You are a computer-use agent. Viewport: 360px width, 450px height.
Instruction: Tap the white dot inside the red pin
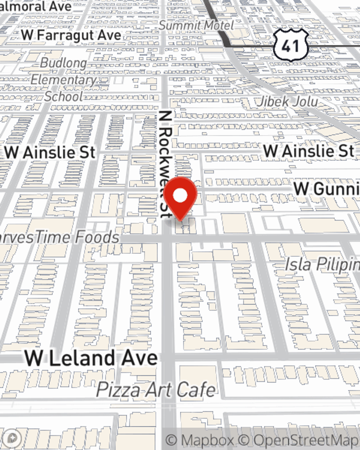pos(180,196)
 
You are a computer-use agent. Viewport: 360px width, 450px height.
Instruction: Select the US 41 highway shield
pos(291,45)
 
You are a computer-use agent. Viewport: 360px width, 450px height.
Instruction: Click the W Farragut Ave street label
pos(71,35)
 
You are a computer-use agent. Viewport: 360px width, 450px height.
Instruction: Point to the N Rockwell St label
pos(165,164)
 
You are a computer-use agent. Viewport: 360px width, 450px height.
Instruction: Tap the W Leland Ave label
pos(91,358)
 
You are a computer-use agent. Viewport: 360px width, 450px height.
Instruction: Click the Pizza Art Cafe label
pos(156,390)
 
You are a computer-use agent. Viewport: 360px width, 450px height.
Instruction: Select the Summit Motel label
pos(196,25)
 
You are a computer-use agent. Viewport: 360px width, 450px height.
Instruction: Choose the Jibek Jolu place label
pos(287,102)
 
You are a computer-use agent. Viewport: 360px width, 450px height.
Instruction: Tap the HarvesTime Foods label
pos(59,237)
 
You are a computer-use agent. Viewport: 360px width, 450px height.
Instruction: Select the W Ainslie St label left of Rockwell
pos(50,153)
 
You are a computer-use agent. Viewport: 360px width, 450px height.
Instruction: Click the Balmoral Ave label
pos(36,7)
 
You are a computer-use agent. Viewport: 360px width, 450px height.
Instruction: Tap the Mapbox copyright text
pos(200,440)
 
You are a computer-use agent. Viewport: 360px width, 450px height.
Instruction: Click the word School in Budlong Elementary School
pos(64,96)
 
